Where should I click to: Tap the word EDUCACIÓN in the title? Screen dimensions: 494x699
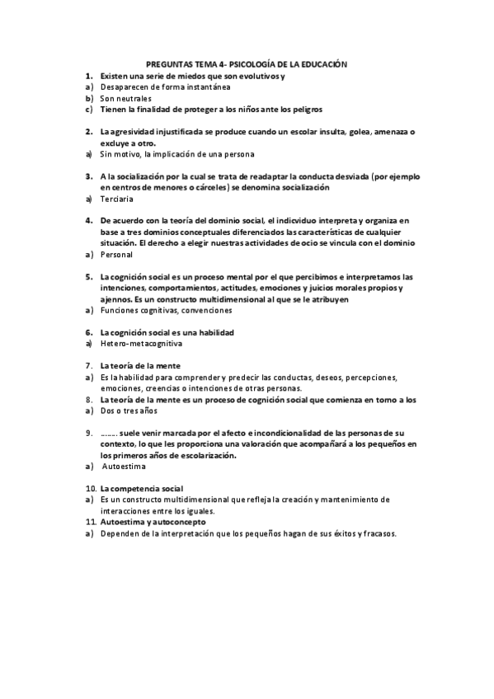(x=321, y=63)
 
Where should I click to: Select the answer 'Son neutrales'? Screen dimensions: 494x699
(x=125, y=98)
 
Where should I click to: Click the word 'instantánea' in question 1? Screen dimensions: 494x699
(x=204, y=87)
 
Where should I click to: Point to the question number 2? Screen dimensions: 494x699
(x=88, y=131)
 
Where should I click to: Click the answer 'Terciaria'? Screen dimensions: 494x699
(x=116, y=199)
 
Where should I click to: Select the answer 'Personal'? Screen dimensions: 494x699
(x=116, y=255)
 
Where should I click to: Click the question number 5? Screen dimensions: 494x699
(x=88, y=277)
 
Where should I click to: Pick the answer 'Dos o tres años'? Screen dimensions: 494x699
(x=128, y=410)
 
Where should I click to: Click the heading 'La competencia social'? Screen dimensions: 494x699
(x=141, y=489)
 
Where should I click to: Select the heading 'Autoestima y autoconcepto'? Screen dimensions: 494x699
(x=153, y=523)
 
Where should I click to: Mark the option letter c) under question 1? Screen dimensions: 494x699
(x=88, y=109)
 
